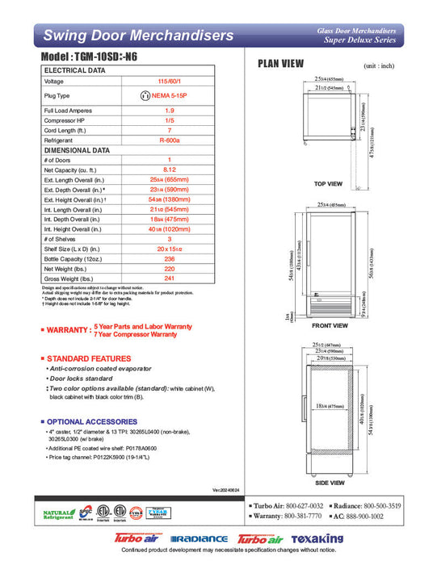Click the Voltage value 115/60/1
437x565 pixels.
coord(169,82)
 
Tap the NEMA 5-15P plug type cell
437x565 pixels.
coord(169,95)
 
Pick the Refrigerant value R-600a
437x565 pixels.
coord(169,139)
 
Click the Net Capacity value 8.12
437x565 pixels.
coord(169,170)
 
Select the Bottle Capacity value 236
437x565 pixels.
coord(169,261)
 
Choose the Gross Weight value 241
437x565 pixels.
coord(169,279)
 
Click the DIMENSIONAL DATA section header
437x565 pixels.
coord(77,150)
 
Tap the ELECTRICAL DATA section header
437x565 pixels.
coord(74,71)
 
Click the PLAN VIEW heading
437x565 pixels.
coord(279,64)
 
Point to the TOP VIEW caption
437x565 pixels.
coord(328,184)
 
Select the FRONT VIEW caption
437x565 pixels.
coord(329,325)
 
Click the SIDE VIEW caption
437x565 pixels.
coord(329,482)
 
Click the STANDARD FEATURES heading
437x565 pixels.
coord(88,358)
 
